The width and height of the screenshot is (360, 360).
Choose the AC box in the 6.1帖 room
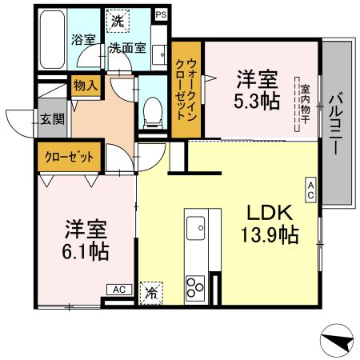(x=118, y=289)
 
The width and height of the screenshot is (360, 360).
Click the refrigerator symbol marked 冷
(x=150, y=293)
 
